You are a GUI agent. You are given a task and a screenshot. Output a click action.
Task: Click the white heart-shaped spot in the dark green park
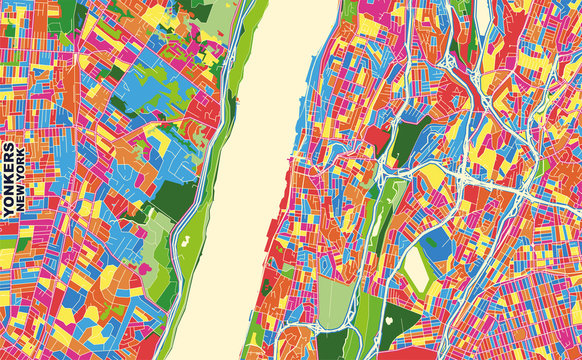(x=388, y=320)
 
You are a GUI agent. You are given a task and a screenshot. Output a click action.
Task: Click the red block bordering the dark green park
(x=377, y=135)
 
